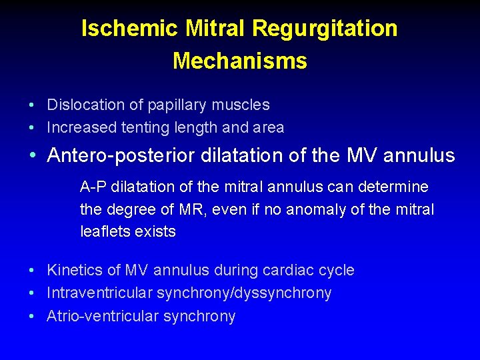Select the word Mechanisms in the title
click(x=240, y=61)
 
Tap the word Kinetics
click(x=74, y=270)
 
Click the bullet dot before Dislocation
click(x=32, y=105)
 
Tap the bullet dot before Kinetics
click(x=32, y=271)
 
